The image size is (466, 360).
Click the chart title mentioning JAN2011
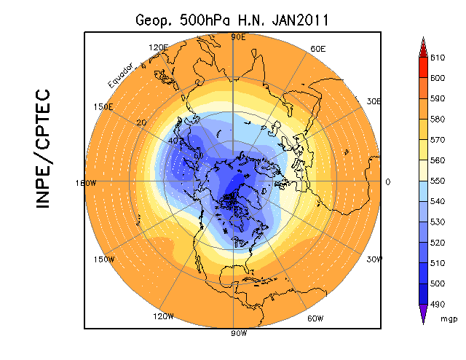click(232, 20)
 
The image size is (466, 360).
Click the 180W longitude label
click(86, 183)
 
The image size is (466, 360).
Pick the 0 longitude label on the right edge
click(387, 182)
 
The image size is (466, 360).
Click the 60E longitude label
click(317, 49)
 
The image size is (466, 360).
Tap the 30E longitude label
click(374, 101)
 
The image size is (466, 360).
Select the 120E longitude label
click(158, 47)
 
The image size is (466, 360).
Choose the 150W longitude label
click(104, 260)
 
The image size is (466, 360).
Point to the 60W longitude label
click(316, 318)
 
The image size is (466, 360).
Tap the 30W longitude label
click(375, 260)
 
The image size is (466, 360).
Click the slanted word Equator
click(120, 76)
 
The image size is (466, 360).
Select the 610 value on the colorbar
click(437, 57)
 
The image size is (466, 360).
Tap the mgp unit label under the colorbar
click(449, 318)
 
